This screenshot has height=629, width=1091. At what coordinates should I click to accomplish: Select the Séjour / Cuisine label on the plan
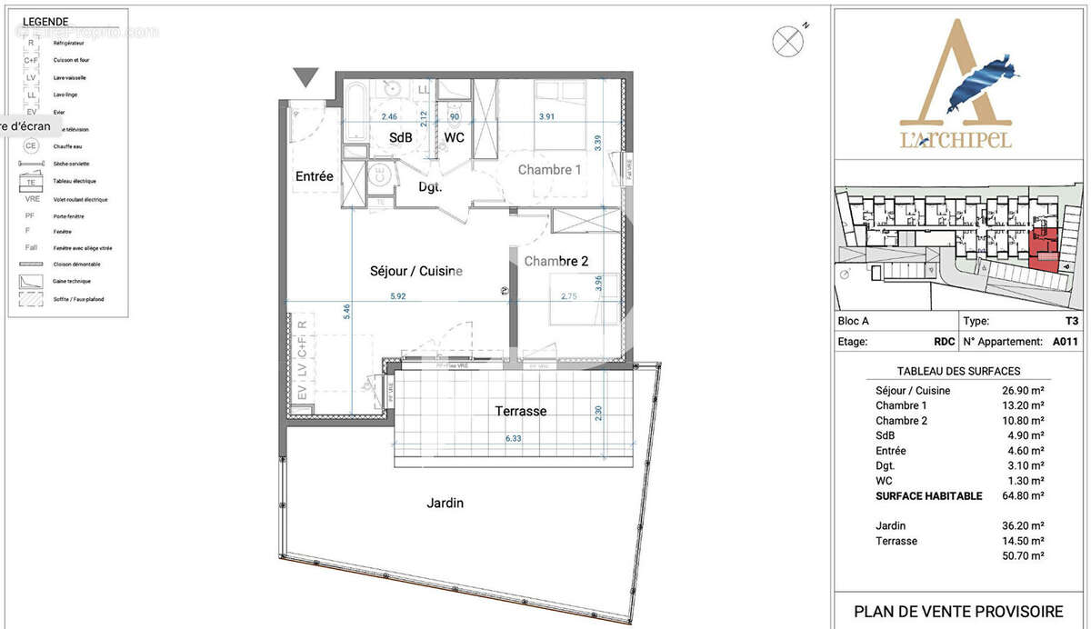pos(416,271)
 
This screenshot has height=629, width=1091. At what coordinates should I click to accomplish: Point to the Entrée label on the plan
pos(314,176)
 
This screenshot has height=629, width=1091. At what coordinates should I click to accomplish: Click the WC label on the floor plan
pos(454,138)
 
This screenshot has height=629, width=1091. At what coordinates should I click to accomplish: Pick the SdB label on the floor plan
pos(401,138)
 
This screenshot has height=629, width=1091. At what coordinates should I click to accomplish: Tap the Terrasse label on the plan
pos(521,411)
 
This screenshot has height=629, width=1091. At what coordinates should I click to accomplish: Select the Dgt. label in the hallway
pos(430,187)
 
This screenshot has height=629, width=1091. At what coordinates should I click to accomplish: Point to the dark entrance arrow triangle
pos(305,77)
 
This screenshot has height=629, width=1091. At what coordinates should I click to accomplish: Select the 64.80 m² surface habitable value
pos(1023,496)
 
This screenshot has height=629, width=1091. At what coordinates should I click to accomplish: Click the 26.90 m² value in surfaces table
pos(1023,391)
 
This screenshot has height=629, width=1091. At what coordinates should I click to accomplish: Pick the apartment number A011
pos(1065,342)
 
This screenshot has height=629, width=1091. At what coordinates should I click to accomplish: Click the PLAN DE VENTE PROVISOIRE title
pos(958,611)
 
